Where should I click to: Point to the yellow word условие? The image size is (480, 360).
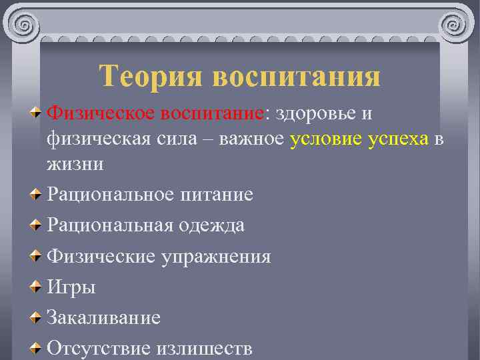coord(327,139)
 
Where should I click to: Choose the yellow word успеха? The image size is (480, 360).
coord(398,139)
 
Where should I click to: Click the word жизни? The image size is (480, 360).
coord(75,164)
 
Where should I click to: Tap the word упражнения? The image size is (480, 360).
coord(216,257)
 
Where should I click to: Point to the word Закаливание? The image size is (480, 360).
coord(103,317)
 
